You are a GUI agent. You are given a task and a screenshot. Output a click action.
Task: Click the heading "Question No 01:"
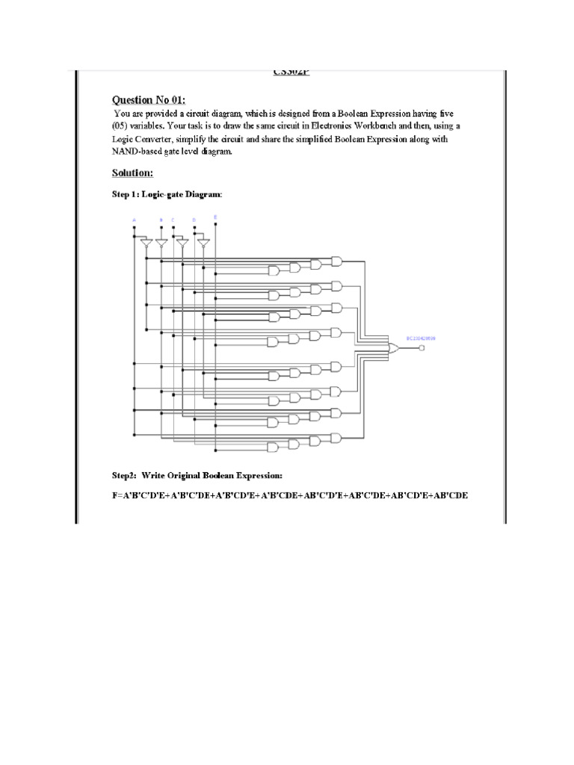pyautogui.click(x=149, y=99)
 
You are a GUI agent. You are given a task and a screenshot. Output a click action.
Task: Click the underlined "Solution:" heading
pyautogui.click(x=132, y=173)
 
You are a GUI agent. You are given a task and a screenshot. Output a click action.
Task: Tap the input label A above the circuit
pyautogui.click(x=134, y=220)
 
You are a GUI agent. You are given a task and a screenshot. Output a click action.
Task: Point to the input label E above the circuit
pyautogui.click(x=215, y=217)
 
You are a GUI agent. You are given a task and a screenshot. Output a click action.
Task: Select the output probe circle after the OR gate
pyautogui.click(x=421, y=347)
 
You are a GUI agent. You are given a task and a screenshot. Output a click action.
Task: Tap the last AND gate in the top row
pyautogui.click(x=336, y=261)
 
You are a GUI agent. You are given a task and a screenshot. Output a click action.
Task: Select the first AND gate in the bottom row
pyautogui.click(x=274, y=446)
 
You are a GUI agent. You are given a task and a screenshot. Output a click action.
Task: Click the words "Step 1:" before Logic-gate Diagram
pyautogui.click(x=128, y=195)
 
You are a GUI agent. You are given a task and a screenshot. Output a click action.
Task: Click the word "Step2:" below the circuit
pyautogui.click(x=126, y=475)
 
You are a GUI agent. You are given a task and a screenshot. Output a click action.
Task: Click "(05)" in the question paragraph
pyautogui.click(x=121, y=126)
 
